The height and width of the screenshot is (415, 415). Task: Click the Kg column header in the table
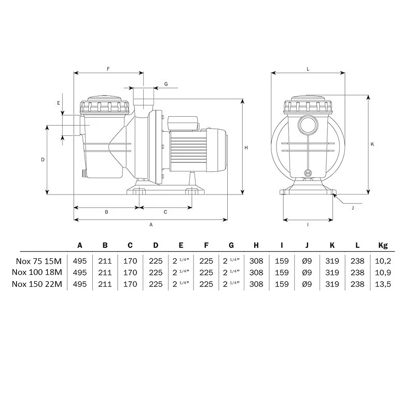coord(383,245)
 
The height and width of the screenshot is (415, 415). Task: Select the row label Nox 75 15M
coord(38,261)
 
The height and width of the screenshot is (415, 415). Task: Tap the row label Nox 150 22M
coord(37,284)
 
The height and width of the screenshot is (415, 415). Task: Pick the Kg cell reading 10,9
coord(383,273)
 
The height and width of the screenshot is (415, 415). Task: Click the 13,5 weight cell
coord(383,284)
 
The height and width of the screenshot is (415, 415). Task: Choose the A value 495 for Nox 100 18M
coord(80,273)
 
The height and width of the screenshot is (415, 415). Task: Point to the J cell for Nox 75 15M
coord(307,261)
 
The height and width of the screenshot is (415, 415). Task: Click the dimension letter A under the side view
coord(151,225)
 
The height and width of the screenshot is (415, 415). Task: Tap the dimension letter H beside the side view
coord(246,148)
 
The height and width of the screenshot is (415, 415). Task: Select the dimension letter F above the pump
coord(108,69)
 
